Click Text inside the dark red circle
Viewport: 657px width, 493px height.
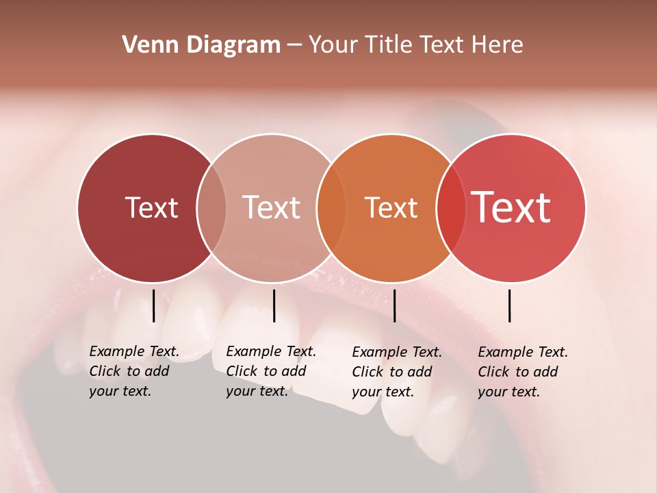pos(151,207)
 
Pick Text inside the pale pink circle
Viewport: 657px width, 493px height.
pos(271,207)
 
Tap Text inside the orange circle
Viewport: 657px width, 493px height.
pos(391,207)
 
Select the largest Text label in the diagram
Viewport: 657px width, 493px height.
pos(511,207)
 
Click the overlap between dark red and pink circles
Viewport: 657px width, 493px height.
pos(211,208)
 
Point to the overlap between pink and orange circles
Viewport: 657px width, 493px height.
pos(331,208)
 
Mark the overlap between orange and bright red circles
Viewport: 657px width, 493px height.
pos(451,208)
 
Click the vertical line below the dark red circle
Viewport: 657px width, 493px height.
pos(154,305)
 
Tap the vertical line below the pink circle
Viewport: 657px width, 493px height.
pos(274,305)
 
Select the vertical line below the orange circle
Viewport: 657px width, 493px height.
pos(394,305)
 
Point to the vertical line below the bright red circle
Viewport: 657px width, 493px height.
pos(509,305)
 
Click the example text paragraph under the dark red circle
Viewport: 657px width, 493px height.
pos(133,371)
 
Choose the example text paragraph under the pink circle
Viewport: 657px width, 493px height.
pos(270,371)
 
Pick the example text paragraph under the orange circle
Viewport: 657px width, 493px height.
pos(396,372)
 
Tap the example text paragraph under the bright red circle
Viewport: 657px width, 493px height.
pos(522,372)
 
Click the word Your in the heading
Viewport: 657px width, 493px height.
pos(334,45)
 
